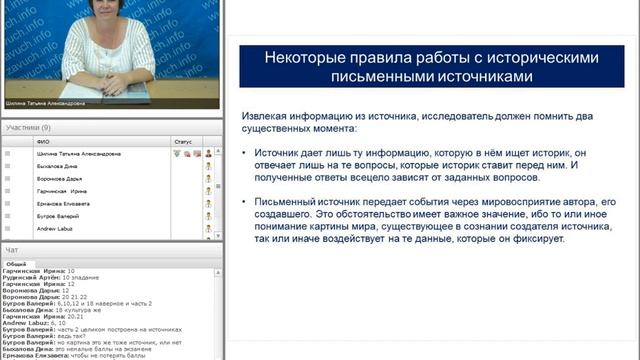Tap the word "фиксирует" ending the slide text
[512, 240]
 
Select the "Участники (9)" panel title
[28, 128]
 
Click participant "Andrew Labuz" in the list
[56, 228]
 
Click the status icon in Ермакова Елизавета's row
[208, 203]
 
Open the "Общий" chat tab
[17, 262]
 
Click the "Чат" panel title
[12, 249]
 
